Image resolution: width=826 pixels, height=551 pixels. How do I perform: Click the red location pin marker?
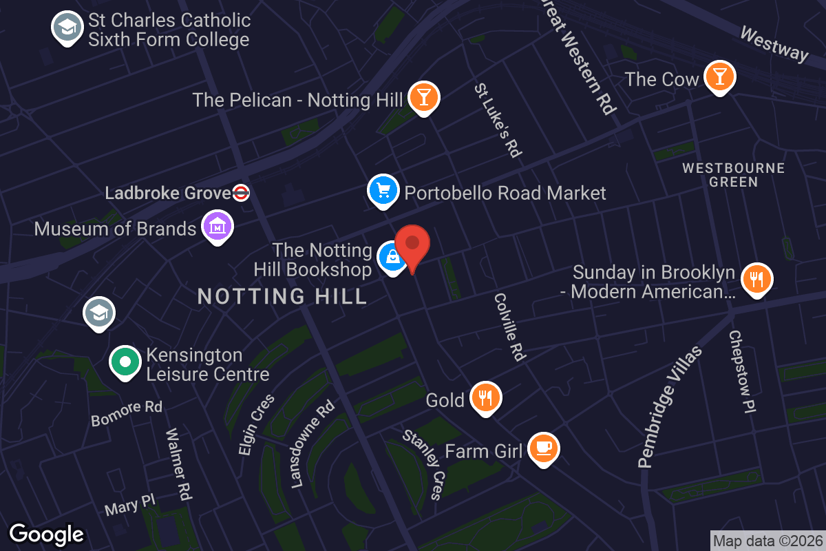412,245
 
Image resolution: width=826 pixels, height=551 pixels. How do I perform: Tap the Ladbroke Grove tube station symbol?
241,194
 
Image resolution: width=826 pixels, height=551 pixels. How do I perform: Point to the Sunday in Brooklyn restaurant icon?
756,279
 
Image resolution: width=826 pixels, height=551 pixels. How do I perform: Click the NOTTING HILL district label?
282,297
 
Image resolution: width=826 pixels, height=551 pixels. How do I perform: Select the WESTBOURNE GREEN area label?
733,175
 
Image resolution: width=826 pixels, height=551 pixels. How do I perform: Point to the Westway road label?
774,43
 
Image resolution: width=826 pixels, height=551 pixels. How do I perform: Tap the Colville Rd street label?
510,326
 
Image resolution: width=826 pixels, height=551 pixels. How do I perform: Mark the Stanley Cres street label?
422,464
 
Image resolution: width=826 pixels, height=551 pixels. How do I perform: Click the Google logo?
47,534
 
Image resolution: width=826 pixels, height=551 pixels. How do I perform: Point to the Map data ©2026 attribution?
767,541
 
